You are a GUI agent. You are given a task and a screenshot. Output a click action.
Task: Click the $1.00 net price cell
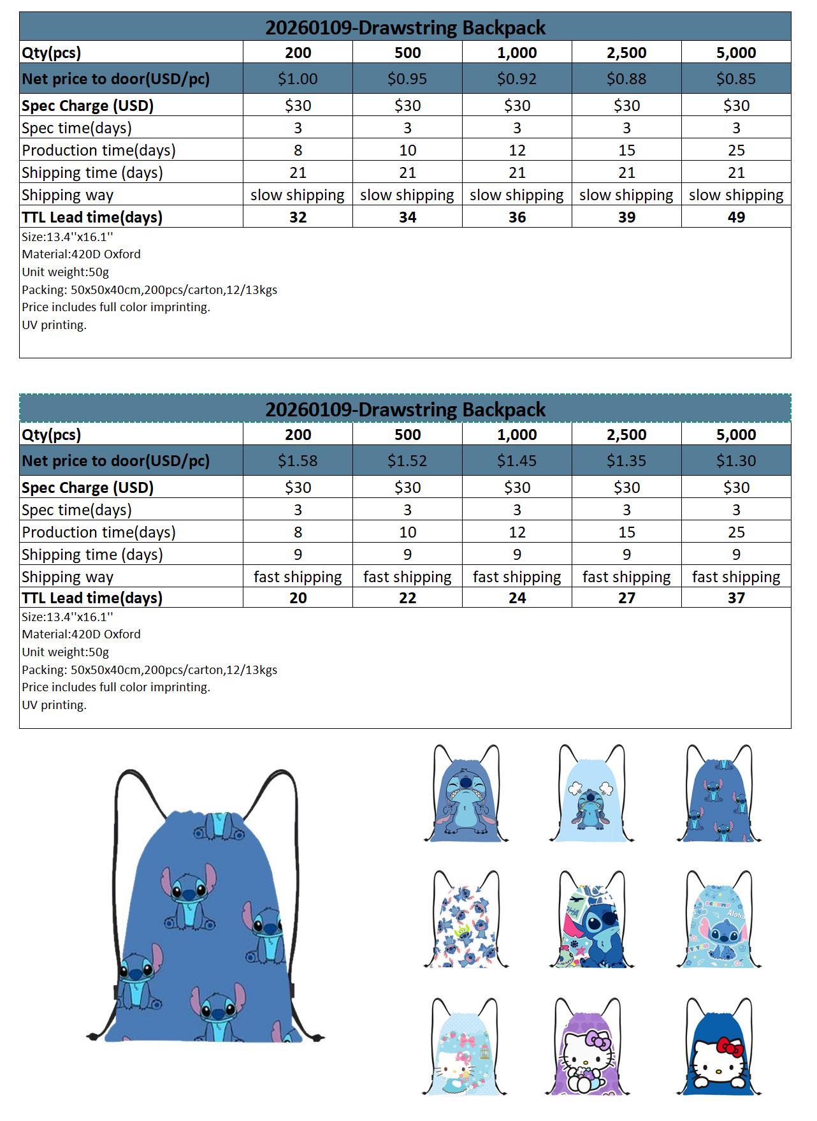click(298, 79)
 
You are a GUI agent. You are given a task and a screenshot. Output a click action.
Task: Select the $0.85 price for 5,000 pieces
click(736, 79)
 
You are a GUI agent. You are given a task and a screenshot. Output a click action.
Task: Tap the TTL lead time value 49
click(736, 217)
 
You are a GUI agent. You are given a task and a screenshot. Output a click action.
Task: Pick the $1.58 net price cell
click(298, 461)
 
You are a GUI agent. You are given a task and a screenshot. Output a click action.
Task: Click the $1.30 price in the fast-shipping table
click(736, 461)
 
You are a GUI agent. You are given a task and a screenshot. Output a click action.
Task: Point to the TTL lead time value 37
click(736, 598)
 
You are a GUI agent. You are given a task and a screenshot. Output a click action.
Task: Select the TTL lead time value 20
click(298, 598)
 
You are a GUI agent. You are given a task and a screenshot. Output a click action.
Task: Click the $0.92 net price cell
click(517, 79)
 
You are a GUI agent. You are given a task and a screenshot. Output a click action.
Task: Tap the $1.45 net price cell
click(517, 461)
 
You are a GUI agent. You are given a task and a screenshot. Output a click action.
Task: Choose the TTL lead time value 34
click(407, 217)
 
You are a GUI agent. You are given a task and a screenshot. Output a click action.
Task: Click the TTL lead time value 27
click(626, 598)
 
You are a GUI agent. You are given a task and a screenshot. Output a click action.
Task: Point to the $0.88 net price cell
click(626, 79)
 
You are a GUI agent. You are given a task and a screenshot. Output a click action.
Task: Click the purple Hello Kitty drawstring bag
click(588, 1052)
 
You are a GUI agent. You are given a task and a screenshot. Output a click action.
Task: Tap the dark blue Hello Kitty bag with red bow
click(723, 1052)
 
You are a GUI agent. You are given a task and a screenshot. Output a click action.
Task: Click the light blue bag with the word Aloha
click(723, 925)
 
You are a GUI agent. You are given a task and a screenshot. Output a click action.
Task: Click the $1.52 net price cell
click(407, 461)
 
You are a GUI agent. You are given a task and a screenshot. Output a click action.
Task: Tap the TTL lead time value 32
click(298, 217)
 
